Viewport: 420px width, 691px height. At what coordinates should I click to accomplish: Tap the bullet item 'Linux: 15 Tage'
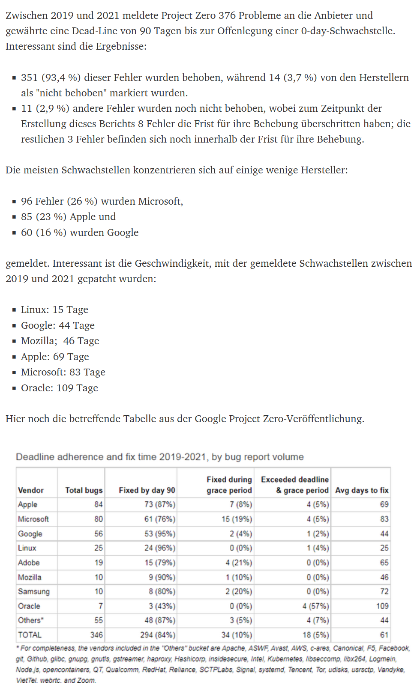[x=54, y=310]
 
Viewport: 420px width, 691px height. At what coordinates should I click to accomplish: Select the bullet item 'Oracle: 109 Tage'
[x=59, y=388]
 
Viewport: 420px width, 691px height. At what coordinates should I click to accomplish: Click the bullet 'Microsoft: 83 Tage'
[x=63, y=372]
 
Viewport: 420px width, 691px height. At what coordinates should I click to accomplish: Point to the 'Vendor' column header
[x=31, y=490]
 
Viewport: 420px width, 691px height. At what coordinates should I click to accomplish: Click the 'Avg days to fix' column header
[x=362, y=490]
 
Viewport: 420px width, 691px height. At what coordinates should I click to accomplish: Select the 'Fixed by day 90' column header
[x=147, y=490]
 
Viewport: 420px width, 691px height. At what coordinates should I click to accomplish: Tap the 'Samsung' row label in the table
[x=34, y=592]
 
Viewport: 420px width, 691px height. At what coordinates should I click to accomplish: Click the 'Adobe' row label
[x=29, y=563]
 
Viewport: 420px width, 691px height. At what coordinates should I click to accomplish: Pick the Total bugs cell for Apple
[x=99, y=505]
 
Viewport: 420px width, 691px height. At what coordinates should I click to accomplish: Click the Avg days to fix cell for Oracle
[x=382, y=606]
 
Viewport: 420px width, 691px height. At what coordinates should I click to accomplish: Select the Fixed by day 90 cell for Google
[x=160, y=534]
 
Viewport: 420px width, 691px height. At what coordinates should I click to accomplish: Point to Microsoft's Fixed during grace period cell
[x=237, y=519]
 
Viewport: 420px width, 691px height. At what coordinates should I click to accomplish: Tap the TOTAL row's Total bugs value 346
[x=96, y=635]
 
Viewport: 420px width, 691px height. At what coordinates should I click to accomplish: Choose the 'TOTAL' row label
[x=30, y=635]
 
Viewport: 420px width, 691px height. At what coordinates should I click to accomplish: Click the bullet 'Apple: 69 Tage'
[x=55, y=357]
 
